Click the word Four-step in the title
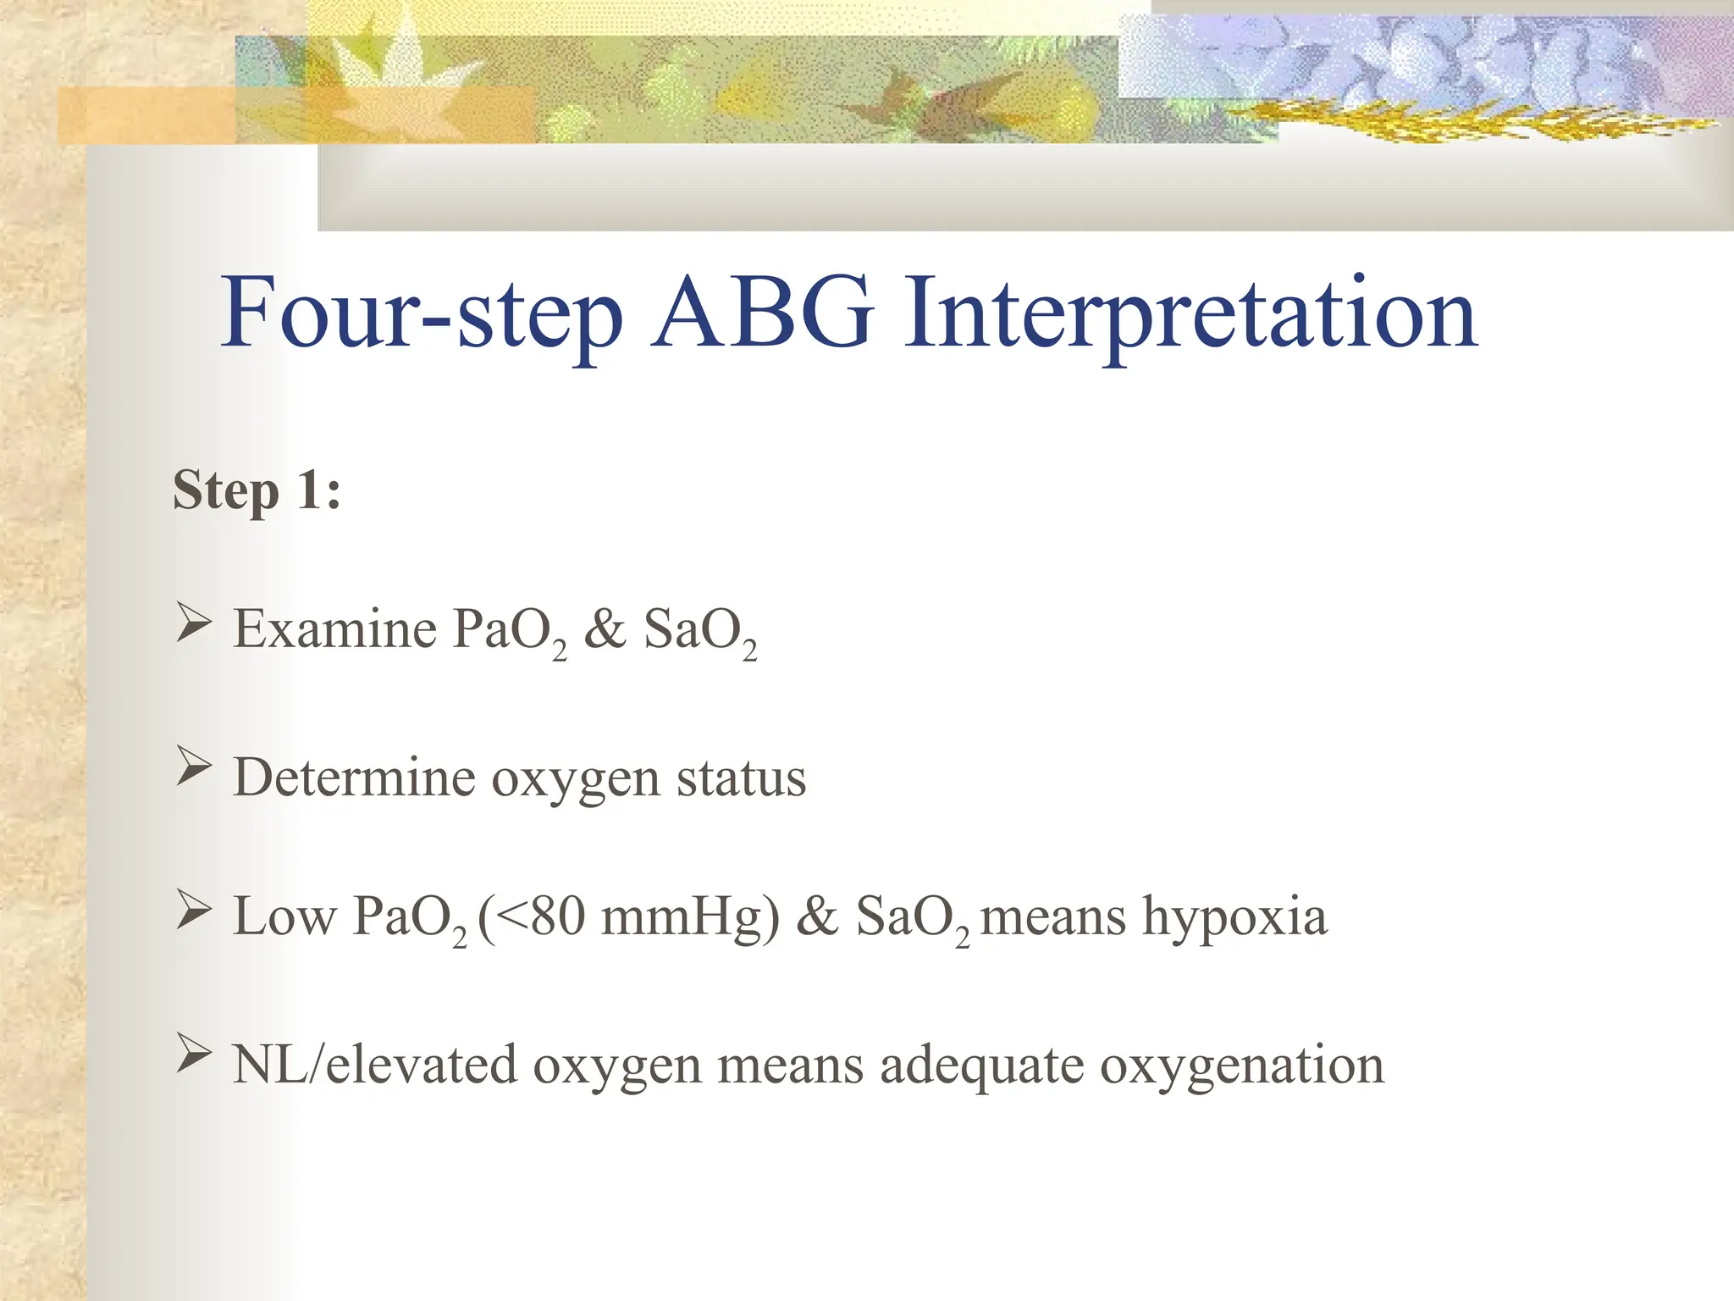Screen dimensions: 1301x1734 pos(421,313)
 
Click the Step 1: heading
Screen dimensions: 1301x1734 pos(257,490)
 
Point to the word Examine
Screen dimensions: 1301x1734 pos(334,629)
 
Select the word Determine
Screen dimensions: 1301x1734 pos(353,777)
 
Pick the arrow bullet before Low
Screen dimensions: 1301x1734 pos(193,911)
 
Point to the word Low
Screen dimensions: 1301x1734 pos(284,917)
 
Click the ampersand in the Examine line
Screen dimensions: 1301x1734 pos(605,629)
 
